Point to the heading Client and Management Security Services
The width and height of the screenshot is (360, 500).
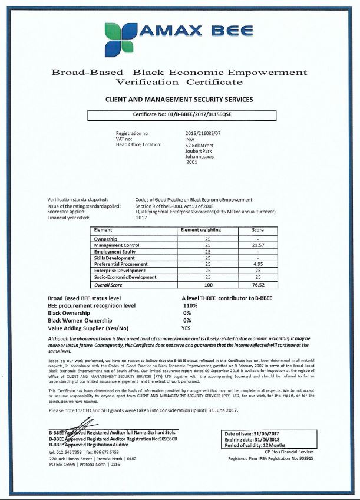(x=179, y=100)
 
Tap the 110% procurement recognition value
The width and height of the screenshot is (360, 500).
(x=190, y=305)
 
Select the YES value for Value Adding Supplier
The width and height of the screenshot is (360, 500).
(x=187, y=327)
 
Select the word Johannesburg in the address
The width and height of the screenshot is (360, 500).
(x=200, y=156)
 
